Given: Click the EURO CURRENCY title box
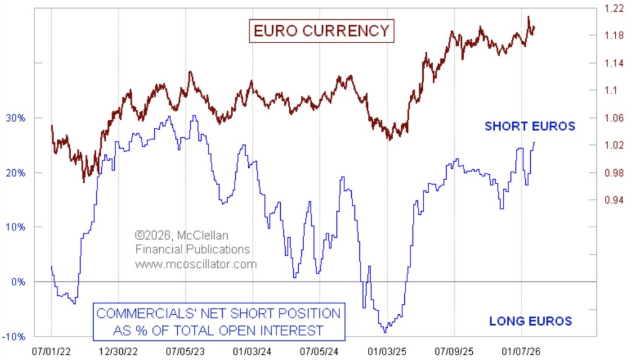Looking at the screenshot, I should (320, 30).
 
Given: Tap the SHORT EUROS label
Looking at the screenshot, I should (530, 127).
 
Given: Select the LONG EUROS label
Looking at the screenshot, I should (530, 321).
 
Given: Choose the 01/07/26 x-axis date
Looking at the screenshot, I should (520, 350).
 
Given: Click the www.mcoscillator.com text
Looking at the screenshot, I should (196, 264).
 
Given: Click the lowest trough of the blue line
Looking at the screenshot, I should (385, 332).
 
